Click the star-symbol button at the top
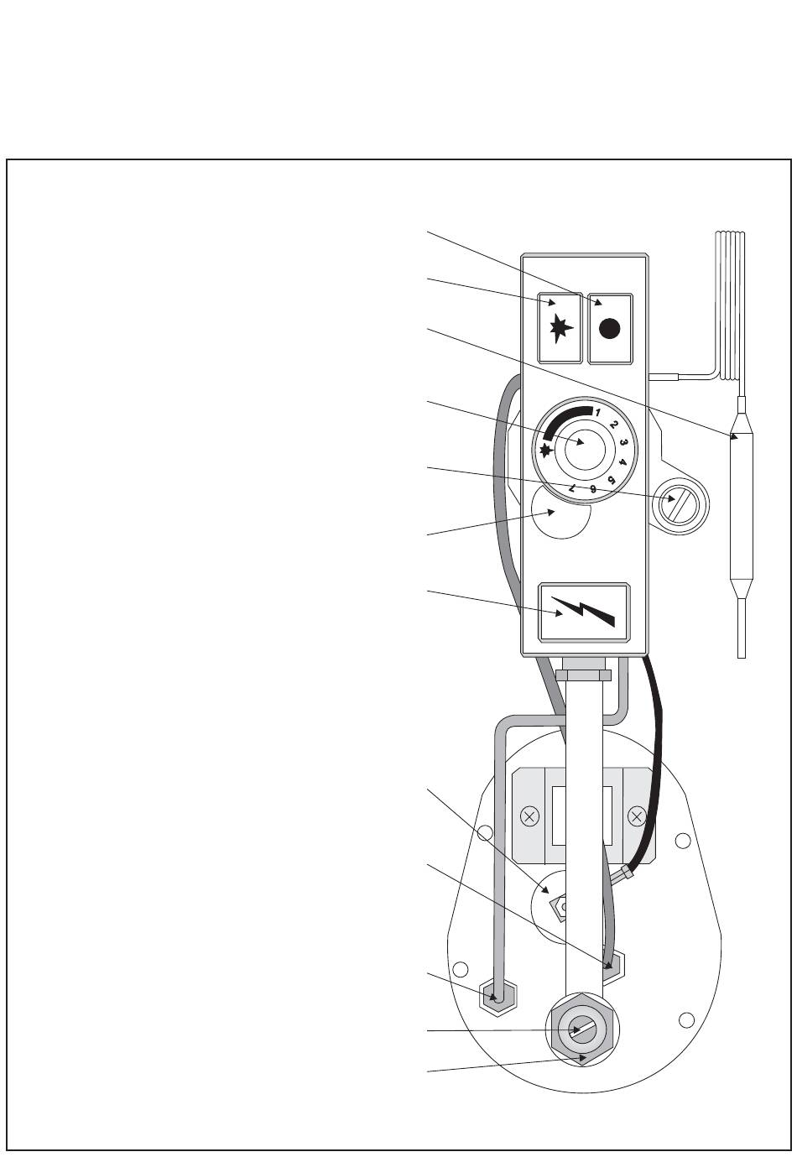[559, 328]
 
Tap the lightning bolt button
[583, 612]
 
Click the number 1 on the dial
[597, 413]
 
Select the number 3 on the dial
[624, 442]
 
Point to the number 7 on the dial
[572, 487]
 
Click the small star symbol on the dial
[547, 451]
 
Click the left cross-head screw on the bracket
[529, 815]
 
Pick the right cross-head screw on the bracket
[637, 815]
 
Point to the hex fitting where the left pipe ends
[497, 996]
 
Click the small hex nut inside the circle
[557, 908]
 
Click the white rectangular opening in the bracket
[560, 816]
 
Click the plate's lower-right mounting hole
[686, 1019]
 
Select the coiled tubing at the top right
[731, 302]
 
